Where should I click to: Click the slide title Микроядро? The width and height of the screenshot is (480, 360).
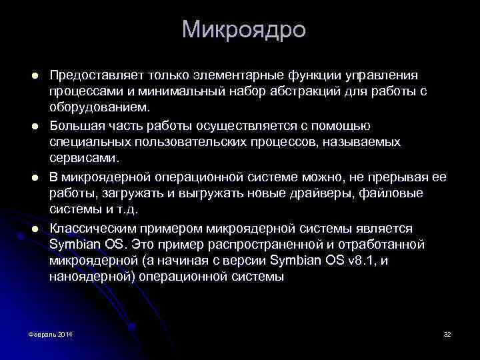point(243,30)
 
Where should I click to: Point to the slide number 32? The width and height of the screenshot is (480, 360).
point(447,333)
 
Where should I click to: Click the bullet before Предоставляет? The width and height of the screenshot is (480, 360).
point(34,74)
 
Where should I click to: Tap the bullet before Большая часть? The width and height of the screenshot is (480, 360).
point(34,125)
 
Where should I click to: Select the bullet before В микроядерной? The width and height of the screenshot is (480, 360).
point(34,177)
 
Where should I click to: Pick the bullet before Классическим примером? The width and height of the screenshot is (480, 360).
point(34,228)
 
